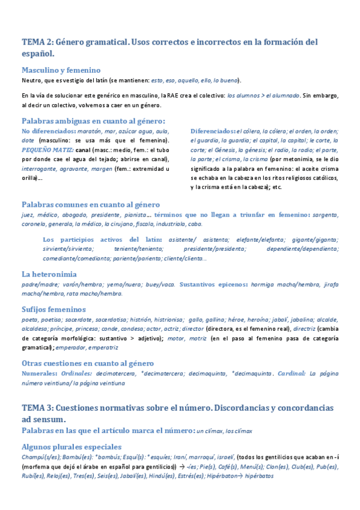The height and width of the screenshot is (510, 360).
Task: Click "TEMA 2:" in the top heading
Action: coord(37,42)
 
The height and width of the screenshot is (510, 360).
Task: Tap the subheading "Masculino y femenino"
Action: coord(60,70)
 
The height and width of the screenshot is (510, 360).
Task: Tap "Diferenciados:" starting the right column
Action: coord(213,131)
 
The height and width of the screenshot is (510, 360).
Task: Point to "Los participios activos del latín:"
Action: coord(102,239)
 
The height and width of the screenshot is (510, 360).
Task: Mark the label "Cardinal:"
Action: coord(291,373)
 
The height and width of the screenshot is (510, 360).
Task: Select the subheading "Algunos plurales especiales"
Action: coord(71,447)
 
